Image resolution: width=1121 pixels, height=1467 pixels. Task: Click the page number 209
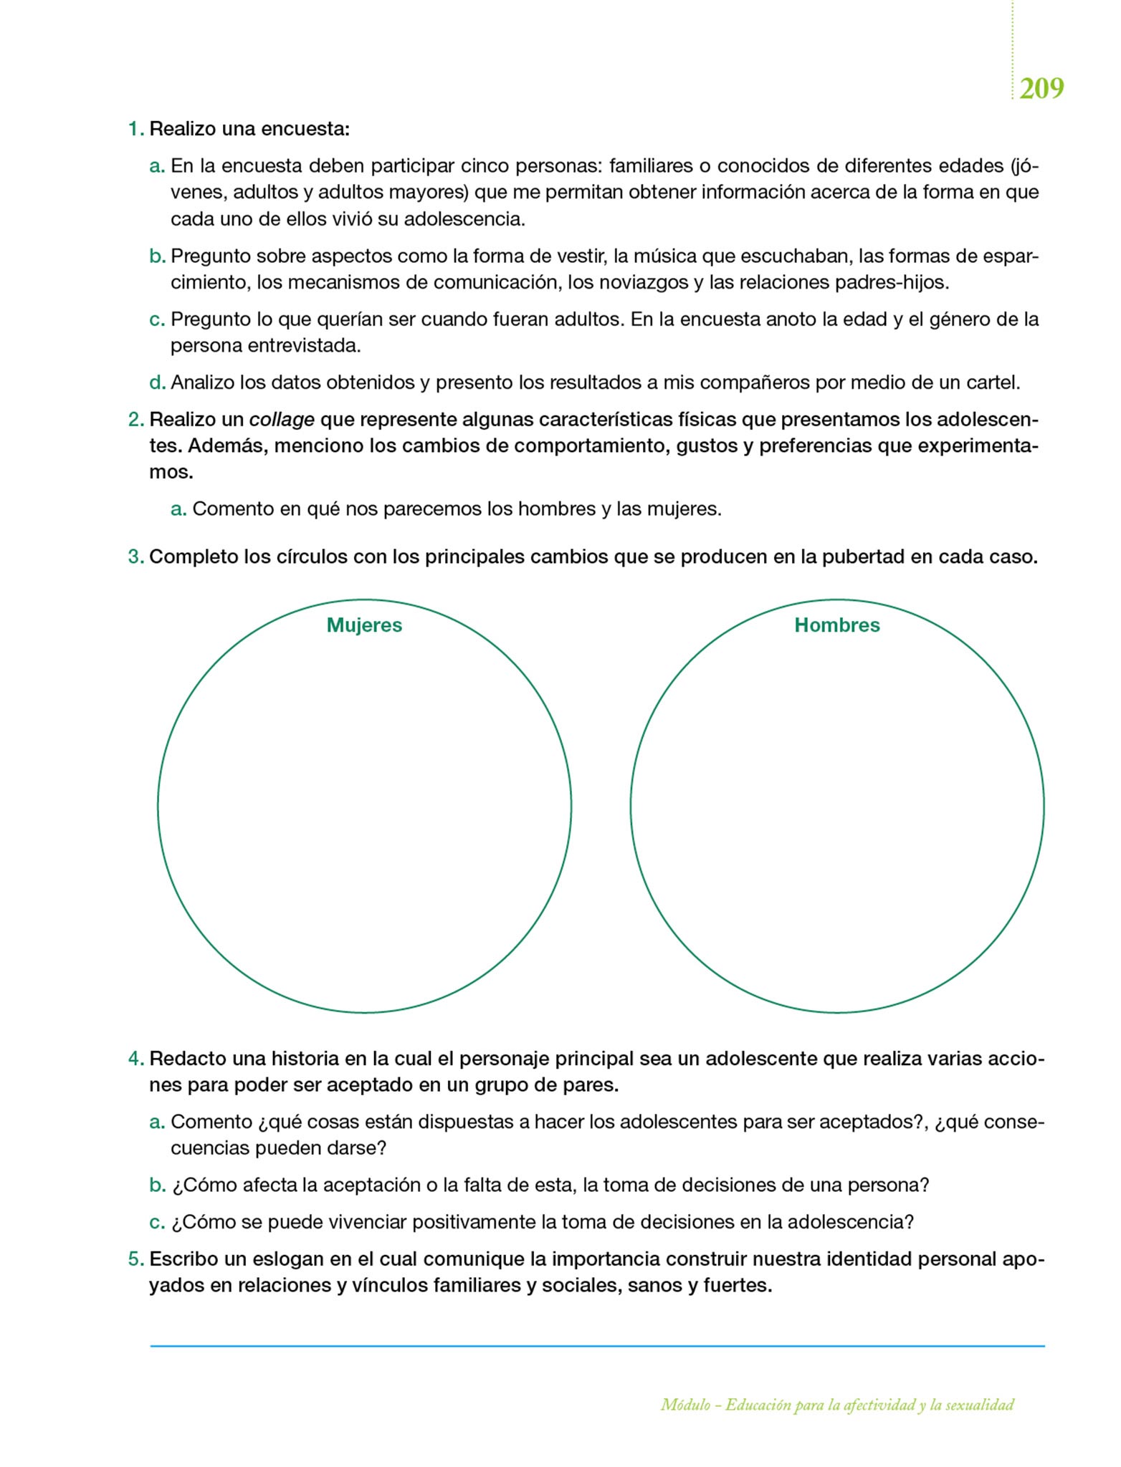click(x=1041, y=89)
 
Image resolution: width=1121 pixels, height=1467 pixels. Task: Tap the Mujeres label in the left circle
click(x=364, y=625)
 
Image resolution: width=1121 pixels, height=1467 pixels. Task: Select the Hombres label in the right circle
click(x=836, y=625)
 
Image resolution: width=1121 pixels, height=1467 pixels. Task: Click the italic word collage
click(x=282, y=419)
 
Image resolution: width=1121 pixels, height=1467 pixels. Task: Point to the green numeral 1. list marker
click(x=135, y=130)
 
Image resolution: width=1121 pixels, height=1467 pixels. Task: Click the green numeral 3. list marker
click(x=135, y=557)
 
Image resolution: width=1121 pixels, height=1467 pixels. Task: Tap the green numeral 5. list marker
click(x=135, y=1259)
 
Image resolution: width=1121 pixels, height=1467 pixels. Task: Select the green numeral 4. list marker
click(x=135, y=1058)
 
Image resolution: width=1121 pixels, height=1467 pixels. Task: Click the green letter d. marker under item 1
click(x=157, y=383)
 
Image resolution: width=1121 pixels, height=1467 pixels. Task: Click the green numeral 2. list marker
click(x=135, y=419)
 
